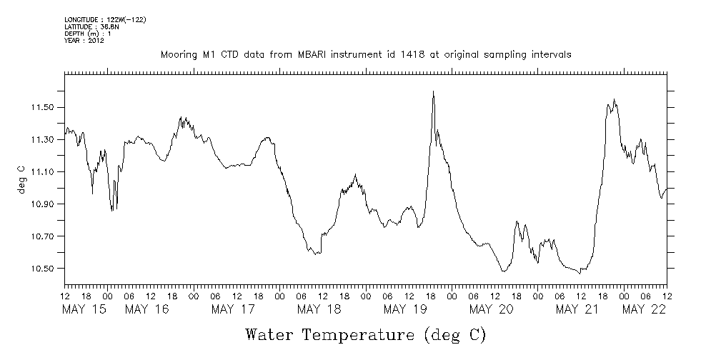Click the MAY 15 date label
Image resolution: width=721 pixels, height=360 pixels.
coord(84,309)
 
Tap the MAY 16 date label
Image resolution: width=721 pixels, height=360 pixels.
coord(147,309)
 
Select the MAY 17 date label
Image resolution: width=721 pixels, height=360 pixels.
coord(234,309)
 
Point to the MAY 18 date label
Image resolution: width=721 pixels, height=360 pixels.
coord(319,309)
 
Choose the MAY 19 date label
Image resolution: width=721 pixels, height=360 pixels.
coord(405,309)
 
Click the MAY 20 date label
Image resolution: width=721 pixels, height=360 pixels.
coord(492,309)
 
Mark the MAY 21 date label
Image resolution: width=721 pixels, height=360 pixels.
coord(577,309)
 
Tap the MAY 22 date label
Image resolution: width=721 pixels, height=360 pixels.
coord(645,309)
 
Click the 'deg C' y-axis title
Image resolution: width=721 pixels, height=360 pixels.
coord(21,180)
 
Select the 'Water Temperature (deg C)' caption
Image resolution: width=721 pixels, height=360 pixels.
coord(365,334)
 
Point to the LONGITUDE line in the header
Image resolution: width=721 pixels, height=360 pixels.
coord(105,19)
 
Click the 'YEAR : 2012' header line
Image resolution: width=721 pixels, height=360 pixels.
coord(84,41)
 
